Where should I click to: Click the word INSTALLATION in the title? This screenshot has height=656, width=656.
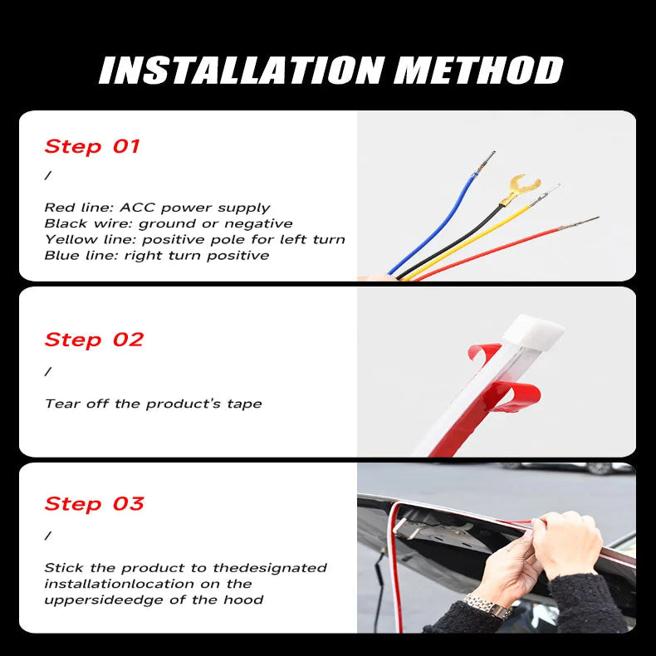coord(242,71)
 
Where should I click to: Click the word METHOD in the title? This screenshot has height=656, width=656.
coord(478,71)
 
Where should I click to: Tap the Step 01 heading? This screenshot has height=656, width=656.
coord(92,147)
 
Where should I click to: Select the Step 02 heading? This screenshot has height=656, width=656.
coord(94,340)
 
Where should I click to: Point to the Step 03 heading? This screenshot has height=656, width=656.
coord(94,504)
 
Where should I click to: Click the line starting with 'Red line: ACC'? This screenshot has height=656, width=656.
coord(157,208)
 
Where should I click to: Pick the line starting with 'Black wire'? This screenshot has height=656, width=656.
coord(168,223)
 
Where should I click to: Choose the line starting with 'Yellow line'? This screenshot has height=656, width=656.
coord(194,239)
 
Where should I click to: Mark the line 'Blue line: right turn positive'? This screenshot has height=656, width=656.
coord(156,255)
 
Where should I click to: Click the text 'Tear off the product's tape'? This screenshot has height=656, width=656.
coord(153,404)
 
